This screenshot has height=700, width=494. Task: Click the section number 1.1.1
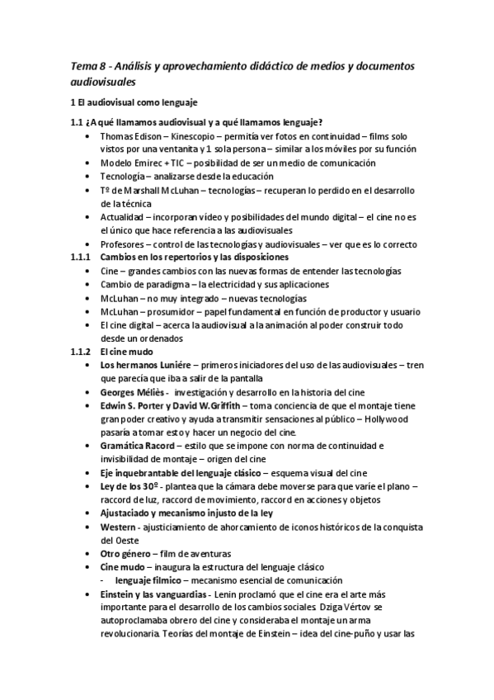tap(78, 258)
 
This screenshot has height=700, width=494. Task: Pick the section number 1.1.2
tap(78, 351)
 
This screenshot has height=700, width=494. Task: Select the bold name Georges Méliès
tap(131, 391)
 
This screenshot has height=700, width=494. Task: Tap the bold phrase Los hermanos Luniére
tap(145, 364)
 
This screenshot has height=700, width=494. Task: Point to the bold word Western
tap(119, 526)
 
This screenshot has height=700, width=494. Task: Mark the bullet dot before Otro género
tap(88, 553)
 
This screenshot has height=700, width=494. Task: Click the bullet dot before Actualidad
tap(88, 217)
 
